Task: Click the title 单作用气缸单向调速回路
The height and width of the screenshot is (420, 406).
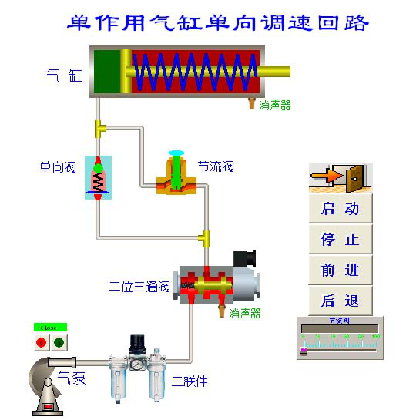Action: (218, 22)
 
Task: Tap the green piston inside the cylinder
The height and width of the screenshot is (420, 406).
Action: (108, 72)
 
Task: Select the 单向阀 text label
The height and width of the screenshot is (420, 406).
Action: (59, 167)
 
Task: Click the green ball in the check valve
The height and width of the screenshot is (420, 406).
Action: (98, 166)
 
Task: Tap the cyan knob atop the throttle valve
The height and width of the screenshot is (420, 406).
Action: (176, 153)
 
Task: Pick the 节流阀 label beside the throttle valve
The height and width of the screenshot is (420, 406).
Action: (215, 166)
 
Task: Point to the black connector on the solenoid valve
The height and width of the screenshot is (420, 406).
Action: (244, 258)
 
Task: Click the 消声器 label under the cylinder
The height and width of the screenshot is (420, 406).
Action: (275, 106)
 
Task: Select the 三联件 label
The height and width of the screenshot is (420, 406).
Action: (189, 381)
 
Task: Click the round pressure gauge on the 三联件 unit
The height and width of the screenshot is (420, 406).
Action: (138, 365)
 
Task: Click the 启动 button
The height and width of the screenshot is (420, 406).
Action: (340, 209)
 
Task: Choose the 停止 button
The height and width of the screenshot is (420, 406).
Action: (340, 240)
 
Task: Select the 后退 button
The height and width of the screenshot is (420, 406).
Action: (340, 301)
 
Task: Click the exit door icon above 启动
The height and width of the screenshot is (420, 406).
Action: (340, 178)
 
